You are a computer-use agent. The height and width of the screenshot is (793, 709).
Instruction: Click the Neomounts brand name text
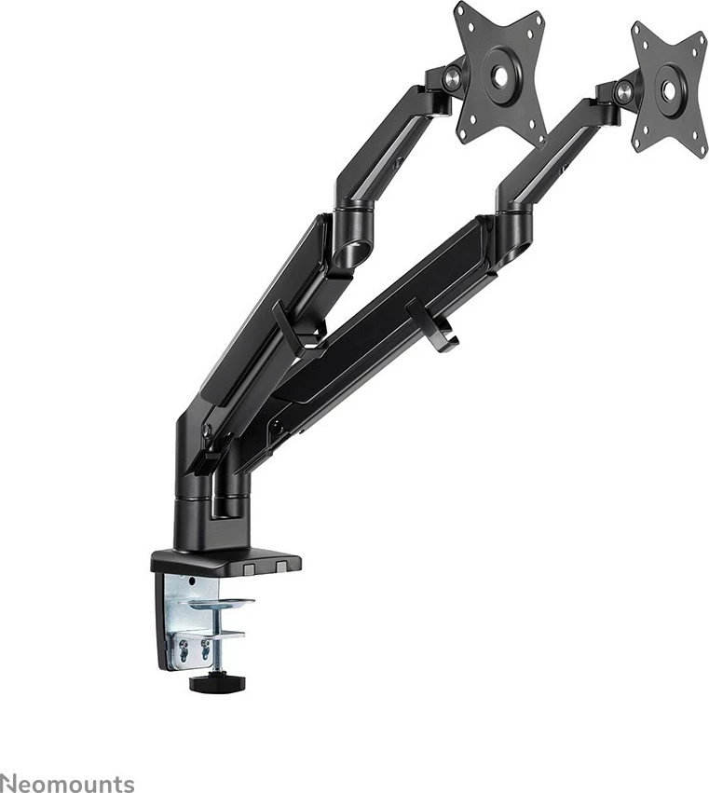point(67,784)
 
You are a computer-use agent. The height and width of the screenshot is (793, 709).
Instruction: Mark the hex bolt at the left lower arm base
point(209,431)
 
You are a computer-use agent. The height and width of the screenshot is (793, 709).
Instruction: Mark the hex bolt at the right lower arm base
point(275,427)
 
